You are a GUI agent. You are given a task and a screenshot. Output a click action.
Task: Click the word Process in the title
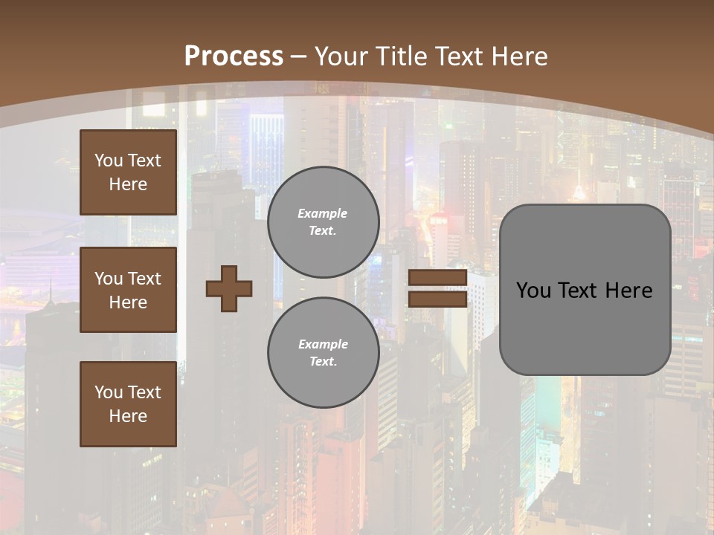pos(234,56)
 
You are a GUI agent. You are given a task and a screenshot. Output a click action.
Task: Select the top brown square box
pos(128,172)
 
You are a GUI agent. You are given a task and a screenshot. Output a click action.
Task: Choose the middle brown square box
pos(128,290)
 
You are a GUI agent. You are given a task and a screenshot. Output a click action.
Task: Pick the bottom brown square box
pos(128,403)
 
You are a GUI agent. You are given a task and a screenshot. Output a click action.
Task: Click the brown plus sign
pos(229,288)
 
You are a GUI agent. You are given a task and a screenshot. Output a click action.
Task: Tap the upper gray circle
pos(324,221)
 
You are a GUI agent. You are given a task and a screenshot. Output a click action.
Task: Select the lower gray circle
pos(324,352)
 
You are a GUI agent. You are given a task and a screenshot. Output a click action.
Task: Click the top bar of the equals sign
pos(437,278)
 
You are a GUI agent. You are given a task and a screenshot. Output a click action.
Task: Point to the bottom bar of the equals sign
pos(437,299)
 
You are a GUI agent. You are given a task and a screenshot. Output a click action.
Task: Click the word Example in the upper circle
pos(322,213)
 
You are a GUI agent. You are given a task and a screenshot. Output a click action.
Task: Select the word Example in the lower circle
pos(323,344)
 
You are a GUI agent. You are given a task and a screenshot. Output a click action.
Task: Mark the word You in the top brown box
pos(108,160)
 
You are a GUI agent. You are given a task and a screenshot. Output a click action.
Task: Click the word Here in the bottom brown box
pos(128,416)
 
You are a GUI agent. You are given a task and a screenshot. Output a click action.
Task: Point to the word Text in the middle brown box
pos(144,279)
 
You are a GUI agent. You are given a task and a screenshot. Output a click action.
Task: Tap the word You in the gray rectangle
pos(533,290)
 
